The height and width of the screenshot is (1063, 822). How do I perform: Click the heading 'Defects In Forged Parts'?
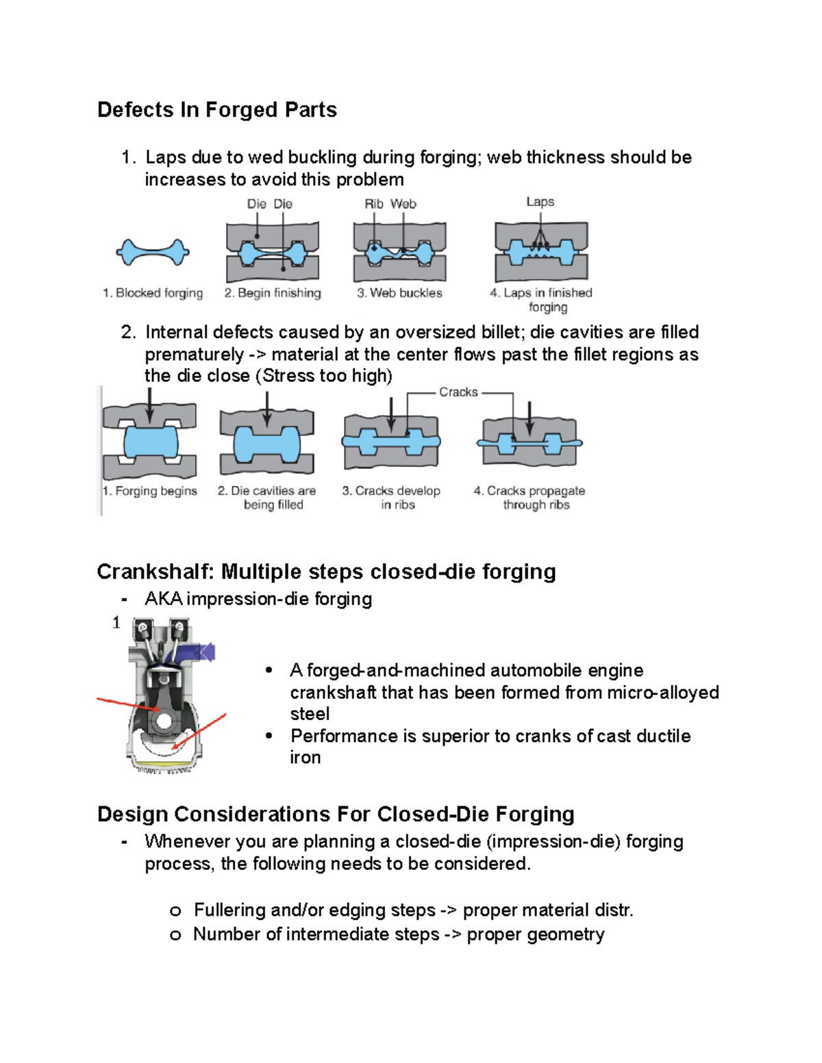click(216, 110)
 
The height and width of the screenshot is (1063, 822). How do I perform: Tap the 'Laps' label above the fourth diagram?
click(540, 202)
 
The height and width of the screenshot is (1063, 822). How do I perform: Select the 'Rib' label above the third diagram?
click(374, 204)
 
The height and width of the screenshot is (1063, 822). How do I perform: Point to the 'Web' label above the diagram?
click(403, 204)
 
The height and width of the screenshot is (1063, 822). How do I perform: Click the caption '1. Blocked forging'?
click(153, 293)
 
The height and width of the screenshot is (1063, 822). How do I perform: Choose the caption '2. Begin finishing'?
click(273, 293)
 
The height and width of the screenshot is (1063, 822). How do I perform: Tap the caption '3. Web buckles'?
click(399, 293)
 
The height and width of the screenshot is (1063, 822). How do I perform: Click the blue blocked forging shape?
click(153, 253)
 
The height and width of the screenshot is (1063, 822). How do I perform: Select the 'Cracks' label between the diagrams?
click(458, 392)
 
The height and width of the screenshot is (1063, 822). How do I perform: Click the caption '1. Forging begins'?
click(149, 491)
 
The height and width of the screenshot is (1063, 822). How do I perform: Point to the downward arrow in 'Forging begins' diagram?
click(149, 405)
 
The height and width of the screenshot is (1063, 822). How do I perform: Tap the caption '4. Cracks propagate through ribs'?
click(530, 498)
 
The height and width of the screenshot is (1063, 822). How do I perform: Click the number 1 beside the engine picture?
click(116, 622)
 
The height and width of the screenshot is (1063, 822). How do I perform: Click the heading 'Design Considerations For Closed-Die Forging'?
click(336, 814)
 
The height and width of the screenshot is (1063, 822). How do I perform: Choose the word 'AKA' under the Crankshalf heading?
click(163, 599)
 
